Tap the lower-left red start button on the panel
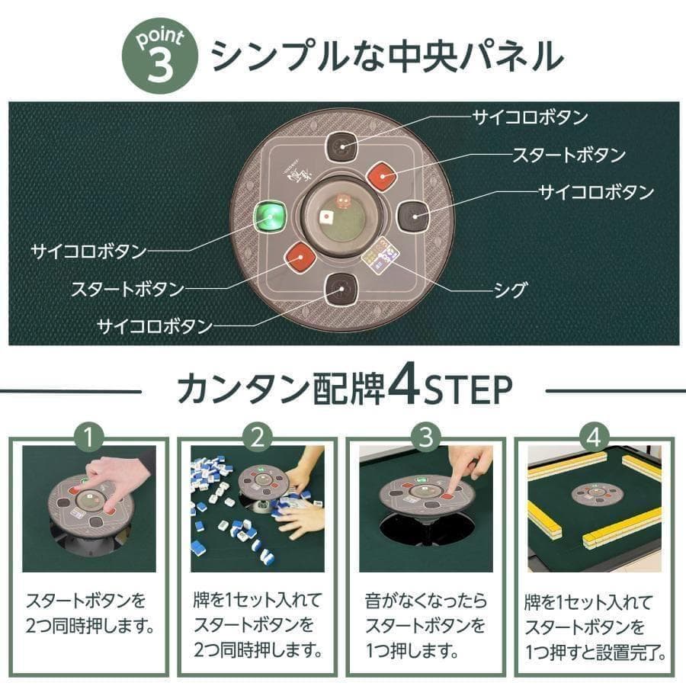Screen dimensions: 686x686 pos(301,258)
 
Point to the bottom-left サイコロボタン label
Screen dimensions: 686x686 pos(154,326)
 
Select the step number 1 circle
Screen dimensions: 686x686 pos(90,438)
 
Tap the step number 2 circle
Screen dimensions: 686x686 pos(258,438)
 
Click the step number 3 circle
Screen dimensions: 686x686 pos(426,438)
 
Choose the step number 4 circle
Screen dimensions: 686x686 pos(594,438)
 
